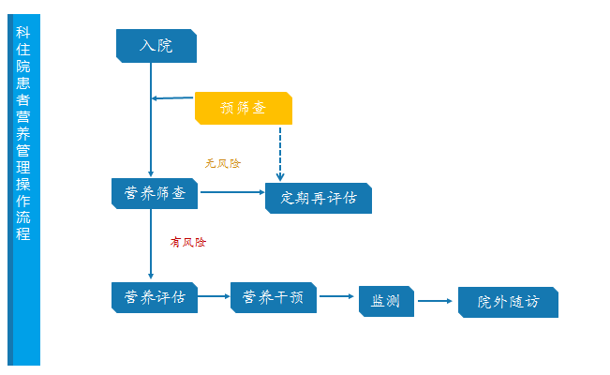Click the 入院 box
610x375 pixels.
pos(156,45)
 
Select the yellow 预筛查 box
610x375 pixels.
pos(243,108)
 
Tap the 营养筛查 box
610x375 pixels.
pos(155,193)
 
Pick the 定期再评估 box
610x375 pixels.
pos(319,198)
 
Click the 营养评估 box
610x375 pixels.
pos(155,297)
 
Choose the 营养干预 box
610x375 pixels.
pos(274,297)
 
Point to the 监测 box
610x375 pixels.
pos(385,301)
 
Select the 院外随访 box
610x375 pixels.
pos(508,302)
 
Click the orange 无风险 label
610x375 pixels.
pos(223,163)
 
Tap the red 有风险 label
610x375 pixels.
pos(187,242)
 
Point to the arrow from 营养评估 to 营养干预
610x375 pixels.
pos(215,297)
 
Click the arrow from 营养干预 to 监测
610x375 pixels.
pos(338,297)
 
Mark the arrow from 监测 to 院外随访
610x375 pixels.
pos(436,301)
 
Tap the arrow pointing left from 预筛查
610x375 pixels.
pos(173,97)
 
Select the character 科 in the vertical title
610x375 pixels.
pos(23,32)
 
